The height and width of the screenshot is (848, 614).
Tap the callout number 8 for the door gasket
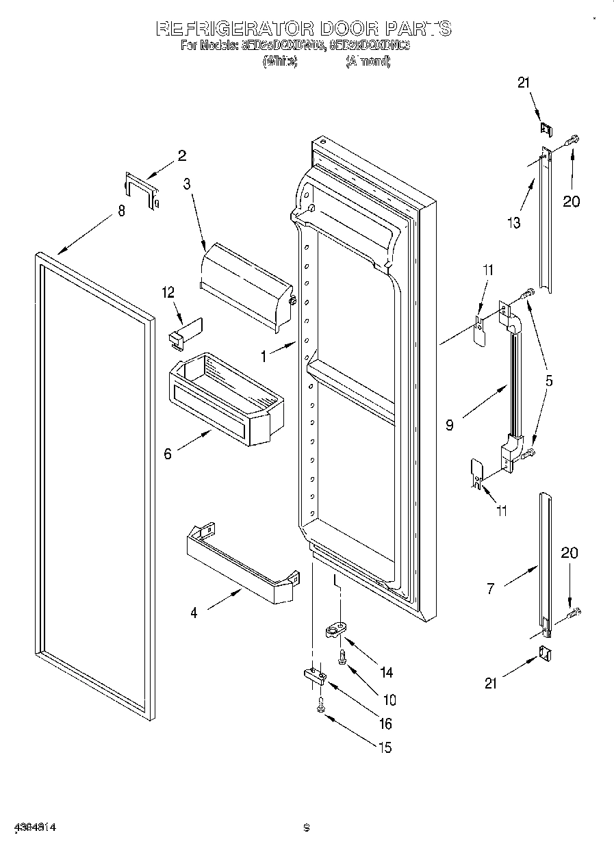(121, 211)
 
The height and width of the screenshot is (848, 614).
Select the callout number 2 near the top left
(181, 155)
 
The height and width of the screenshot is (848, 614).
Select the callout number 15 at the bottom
(385, 747)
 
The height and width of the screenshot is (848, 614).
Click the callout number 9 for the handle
(450, 425)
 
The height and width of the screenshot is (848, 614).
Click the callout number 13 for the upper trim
(513, 222)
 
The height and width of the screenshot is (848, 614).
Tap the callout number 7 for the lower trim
(490, 587)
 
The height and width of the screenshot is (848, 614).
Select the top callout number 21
(524, 83)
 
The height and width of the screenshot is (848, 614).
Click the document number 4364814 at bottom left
(33, 827)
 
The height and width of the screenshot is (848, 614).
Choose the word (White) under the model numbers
(279, 62)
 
